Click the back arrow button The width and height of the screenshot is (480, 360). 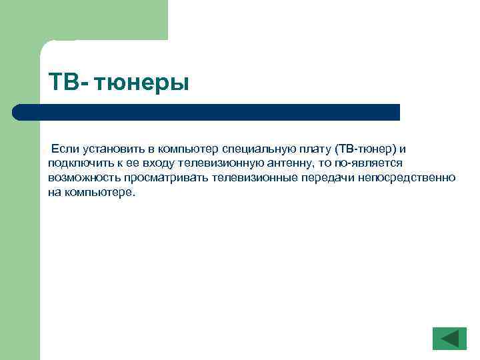[449, 338]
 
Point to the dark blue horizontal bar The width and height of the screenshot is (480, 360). [207, 112]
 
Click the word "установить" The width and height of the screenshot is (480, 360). [112, 147]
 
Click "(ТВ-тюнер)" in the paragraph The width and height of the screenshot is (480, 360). [366, 147]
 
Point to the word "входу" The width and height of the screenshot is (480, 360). [151, 162]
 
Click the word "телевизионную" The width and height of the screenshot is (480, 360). [213, 162]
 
